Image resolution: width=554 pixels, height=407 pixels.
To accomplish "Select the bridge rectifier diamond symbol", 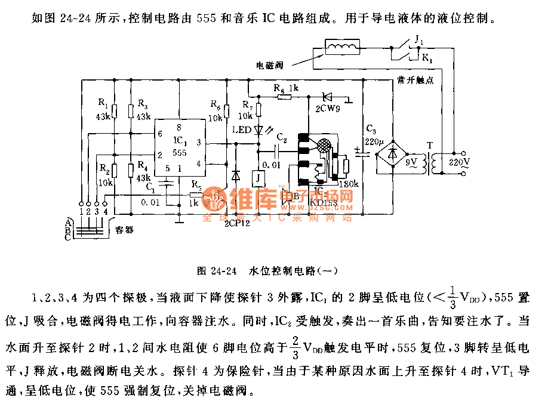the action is pos(392,153).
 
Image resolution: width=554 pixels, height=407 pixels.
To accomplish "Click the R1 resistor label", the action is pos(103,104).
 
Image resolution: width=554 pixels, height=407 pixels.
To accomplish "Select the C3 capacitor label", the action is pos(371,131).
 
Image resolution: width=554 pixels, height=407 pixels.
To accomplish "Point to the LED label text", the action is pos(240,130).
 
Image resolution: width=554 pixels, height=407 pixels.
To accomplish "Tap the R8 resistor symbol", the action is pos(284,96).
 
